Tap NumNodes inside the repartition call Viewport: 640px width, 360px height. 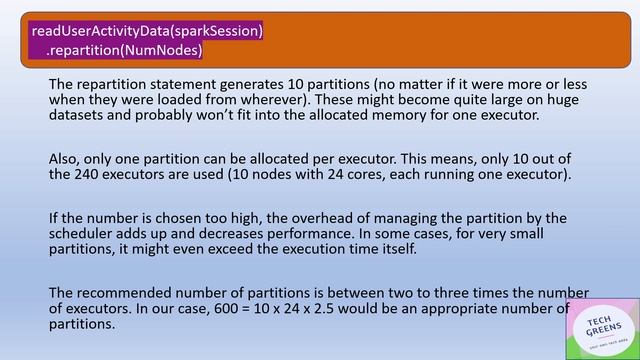click(162, 49)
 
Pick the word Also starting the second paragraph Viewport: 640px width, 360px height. click(65, 158)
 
